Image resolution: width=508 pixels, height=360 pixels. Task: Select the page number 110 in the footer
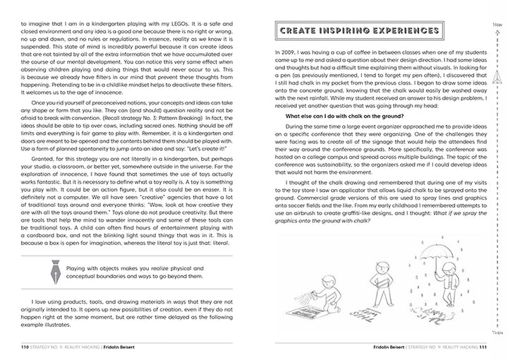[28, 347]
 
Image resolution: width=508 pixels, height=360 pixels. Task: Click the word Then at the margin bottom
[498, 330]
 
